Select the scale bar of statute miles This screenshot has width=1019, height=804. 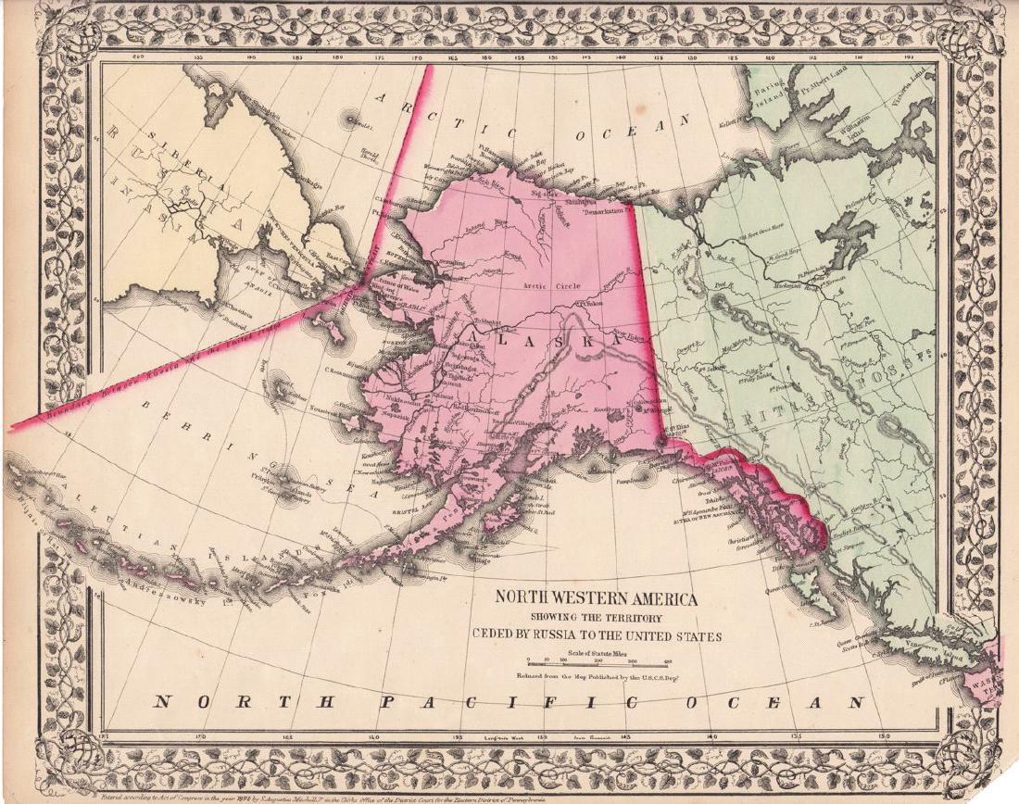pyautogui.click(x=598, y=661)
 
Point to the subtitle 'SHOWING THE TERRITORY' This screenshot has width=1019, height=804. pyautogui.click(x=598, y=618)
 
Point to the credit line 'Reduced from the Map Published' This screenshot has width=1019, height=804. pyautogui.click(x=594, y=677)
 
